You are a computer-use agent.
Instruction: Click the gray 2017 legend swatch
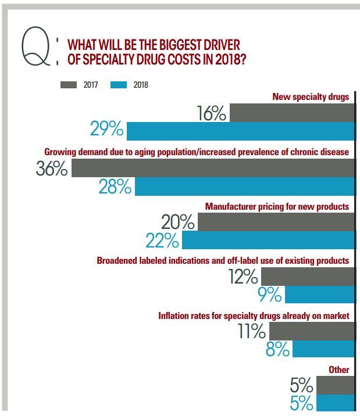point(69,85)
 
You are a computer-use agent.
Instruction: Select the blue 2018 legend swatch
point(119,85)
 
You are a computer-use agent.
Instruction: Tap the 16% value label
point(211,113)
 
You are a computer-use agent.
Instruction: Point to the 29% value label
point(106,129)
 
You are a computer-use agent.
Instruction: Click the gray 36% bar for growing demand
point(212,168)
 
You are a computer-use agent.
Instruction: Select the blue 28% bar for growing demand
point(244,187)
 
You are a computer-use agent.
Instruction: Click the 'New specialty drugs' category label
point(311,97)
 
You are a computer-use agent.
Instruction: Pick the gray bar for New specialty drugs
point(291,113)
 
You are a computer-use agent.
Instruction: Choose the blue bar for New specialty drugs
point(240,131)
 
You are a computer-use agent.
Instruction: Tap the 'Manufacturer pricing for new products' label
point(277,206)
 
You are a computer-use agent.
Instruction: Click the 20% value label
point(178,222)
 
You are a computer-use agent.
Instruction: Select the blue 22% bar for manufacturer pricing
point(268,240)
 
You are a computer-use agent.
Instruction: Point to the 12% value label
point(243,277)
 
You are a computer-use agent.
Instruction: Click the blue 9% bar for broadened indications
point(319,295)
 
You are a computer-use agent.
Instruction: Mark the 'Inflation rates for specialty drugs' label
point(254,315)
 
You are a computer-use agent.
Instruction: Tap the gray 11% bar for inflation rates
point(312,331)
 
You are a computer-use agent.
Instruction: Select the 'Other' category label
point(338,370)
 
